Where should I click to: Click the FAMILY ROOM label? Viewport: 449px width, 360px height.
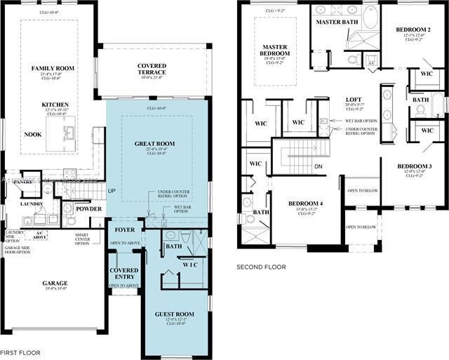click(55, 68)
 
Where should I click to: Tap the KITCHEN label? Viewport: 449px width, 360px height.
click(55, 105)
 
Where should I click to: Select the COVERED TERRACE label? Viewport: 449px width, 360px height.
click(152, 69)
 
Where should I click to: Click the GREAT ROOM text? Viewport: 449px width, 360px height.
click(154, 144)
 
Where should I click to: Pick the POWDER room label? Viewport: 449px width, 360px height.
click(89, 208)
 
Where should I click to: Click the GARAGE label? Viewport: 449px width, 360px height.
click(55, 284)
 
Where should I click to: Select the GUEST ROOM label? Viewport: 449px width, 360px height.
click(176, 315)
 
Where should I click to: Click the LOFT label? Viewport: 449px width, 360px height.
click(354, 100)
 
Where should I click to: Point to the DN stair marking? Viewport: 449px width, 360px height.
click(318, 166)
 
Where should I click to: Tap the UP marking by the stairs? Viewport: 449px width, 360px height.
click(110, 190)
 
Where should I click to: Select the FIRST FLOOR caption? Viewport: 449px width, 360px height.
click(20, 352)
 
